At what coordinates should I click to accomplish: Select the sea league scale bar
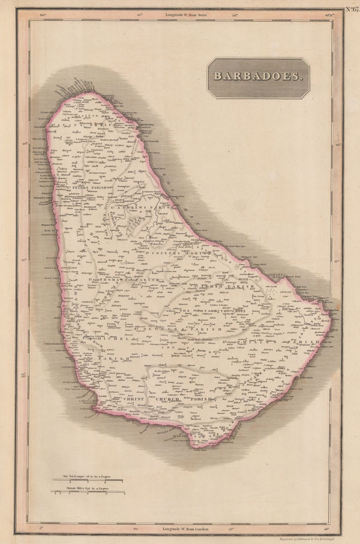79,480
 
